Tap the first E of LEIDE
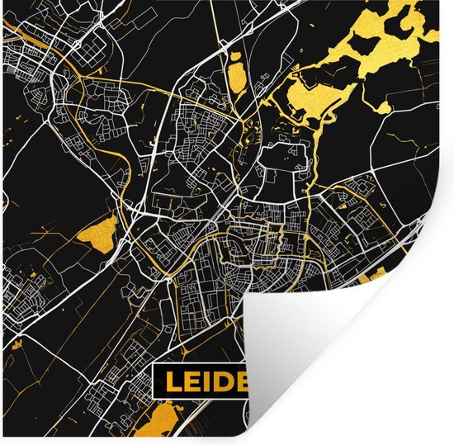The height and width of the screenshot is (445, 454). [x=192, y=381]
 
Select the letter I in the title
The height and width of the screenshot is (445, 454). [x=209, y=381]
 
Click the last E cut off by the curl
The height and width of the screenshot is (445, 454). [x=244, y=381]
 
